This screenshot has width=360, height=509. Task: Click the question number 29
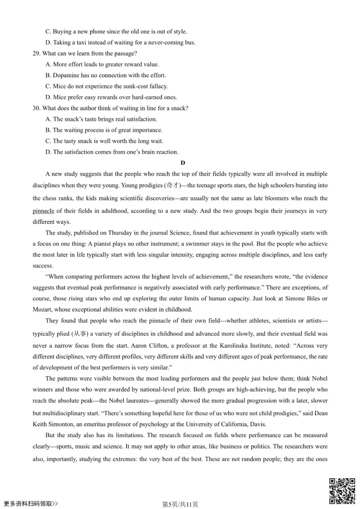tap(36, 54)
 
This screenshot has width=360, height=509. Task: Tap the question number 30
tap(36, 108)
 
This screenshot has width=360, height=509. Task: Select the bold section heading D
tap(183, 163)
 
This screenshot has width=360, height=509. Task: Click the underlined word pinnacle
tap(43, 211)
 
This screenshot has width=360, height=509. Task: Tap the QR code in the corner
tap(342, 491)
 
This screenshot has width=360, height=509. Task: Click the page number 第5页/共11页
tap(180, 504)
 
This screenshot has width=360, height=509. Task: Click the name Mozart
tap(42, 309)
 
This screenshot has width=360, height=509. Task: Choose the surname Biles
tap(313, 299)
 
